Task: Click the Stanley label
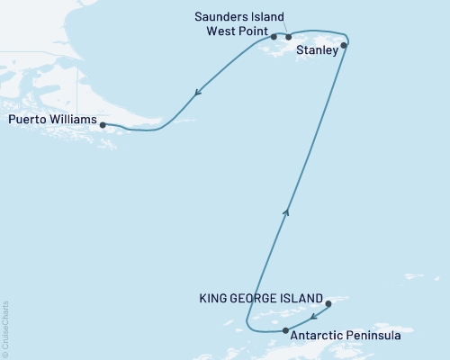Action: click(x=318, y=51)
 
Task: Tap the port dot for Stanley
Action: click(x=345, y=44)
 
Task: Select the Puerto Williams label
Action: click(x=51, y=118)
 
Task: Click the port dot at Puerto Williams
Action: click(x=103, y=125)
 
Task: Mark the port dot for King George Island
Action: click(x=328, y=304)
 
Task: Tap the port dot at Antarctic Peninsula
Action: click(x=285, y=331)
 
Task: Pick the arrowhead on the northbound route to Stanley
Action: click(x=287, y=212)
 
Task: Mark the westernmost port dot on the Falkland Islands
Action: click(x=274, y=38)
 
